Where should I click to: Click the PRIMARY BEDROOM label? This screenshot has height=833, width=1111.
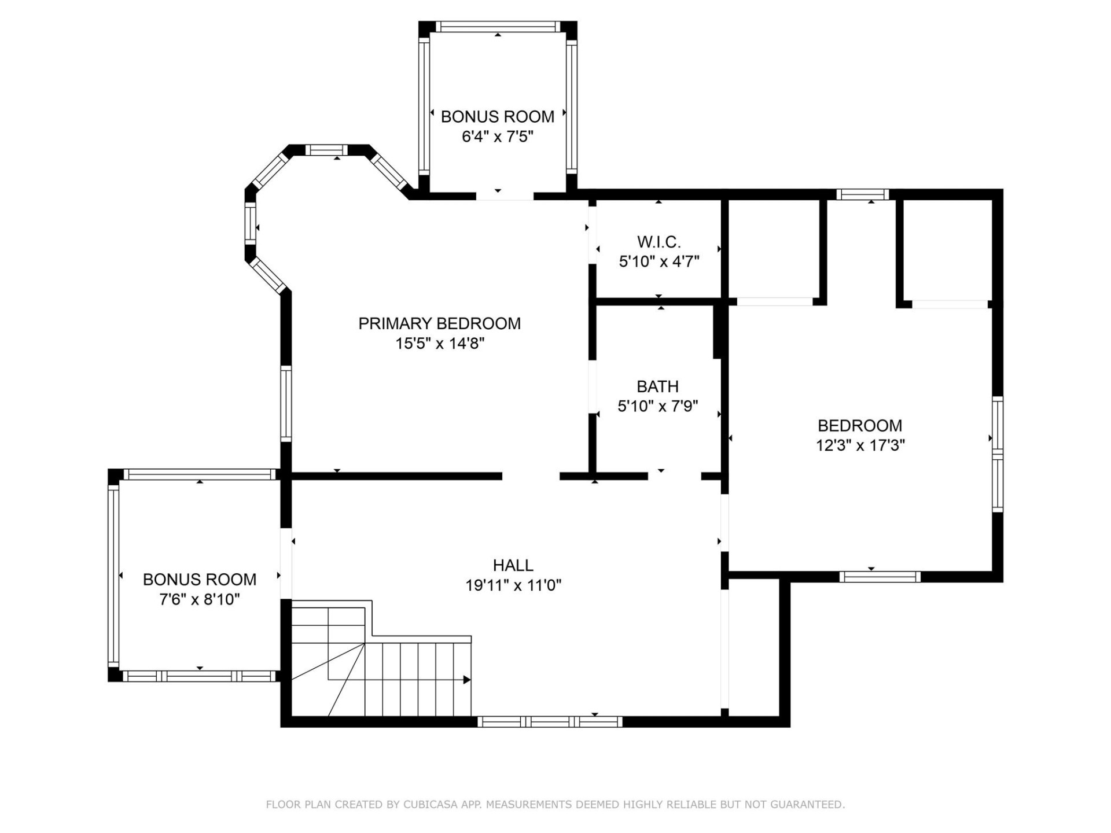tap(439, 323)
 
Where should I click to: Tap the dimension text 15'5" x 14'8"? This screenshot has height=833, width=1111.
tap(439, 344)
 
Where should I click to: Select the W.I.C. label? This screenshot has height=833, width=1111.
tap(658, 242)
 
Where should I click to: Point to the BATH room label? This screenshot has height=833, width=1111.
tap(657, 386)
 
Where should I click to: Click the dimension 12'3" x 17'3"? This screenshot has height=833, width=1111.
tap(860, 445)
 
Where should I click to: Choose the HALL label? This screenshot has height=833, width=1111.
tap(513, 565)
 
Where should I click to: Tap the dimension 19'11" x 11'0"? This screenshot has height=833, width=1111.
tap(513, 585)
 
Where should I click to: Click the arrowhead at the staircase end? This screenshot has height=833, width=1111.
tap(467, 680)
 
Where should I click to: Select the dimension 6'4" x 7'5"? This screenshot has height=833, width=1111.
tap(497, 137)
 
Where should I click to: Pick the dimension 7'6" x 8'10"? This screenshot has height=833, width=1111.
tap(200, 599)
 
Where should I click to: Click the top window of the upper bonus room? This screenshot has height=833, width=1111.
tap(498, 27)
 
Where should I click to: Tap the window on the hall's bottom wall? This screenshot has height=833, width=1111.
tap(549, 721)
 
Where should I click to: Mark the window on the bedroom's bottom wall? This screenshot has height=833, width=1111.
tap(880, 577)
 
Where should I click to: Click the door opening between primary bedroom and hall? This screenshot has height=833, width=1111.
tap(531, 476)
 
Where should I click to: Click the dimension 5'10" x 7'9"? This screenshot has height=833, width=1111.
tap(657, 406)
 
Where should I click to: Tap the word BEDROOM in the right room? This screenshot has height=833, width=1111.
tap(860, 426)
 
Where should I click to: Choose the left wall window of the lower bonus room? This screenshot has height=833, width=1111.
tap(113, 576)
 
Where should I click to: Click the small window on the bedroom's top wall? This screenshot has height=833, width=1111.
tap(862, 194)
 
